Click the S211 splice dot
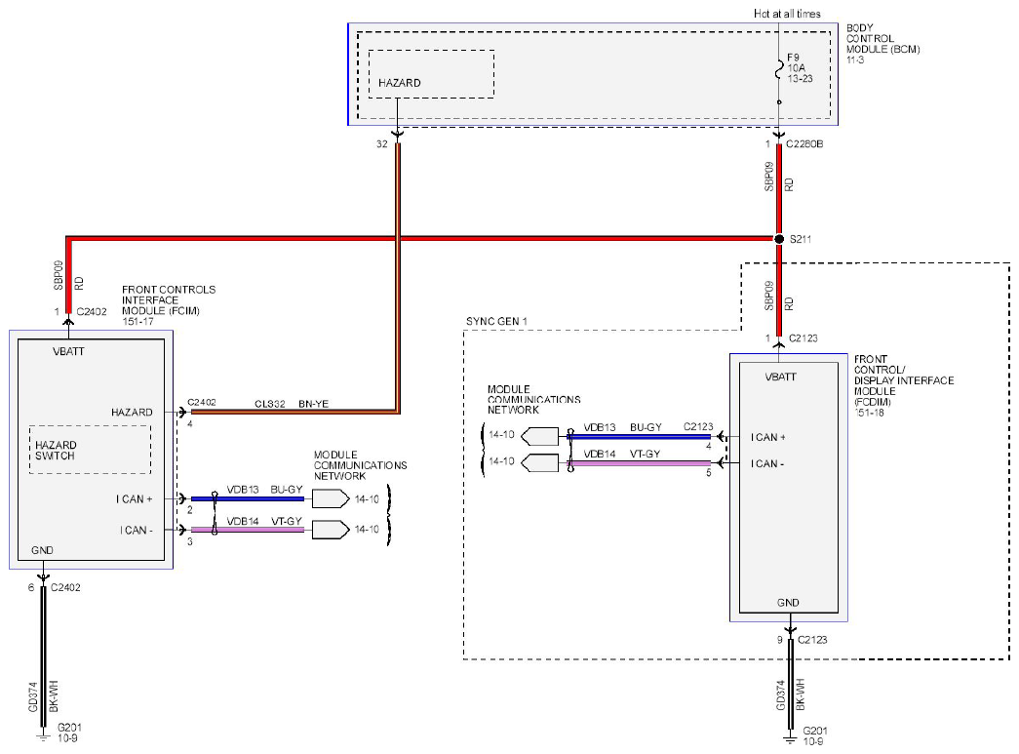[x=779, y=239]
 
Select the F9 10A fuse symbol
[x=779, y=69]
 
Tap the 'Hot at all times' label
[x=787, y=14]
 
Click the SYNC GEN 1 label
[x=496, y=321]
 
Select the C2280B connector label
[x=804, y=143]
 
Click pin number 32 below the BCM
[x=382, y=143]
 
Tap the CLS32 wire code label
[x=270, y=404]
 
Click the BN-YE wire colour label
[x=313, y=404]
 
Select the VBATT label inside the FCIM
[x=68, y=352]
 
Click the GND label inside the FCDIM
[x=788, y=603]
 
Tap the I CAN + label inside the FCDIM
[x=767, y=437]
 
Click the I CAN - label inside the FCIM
[x=136, y=531]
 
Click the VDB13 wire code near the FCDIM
[x=599, y=427]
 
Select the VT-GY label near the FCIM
[x=287, y=521]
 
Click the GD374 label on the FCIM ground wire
[x=34, y=696]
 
